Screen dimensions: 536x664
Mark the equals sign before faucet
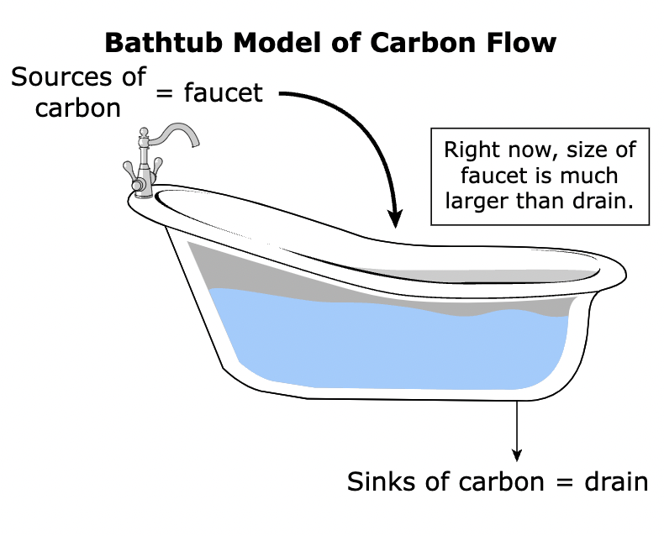pyautogui.click(x=165, y=93)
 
